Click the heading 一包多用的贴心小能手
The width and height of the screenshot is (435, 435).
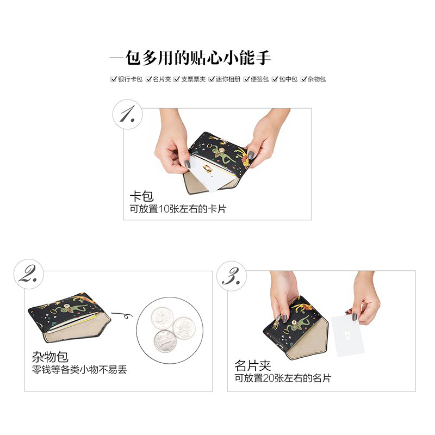(190, 58)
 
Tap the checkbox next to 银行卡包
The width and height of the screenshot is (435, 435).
(113, 79)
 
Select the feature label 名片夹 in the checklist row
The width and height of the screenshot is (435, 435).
(161, 79)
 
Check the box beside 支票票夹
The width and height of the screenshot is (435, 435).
(177, 79)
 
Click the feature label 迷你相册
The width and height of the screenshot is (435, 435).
(228, 79)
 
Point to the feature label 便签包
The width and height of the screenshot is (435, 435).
(260, 79)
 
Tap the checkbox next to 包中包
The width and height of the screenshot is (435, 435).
(275, 79)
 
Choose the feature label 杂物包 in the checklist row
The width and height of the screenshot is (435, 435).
(316, 79)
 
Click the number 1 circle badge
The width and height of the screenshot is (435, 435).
(128, 114)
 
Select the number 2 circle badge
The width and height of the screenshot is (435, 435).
(29, 274)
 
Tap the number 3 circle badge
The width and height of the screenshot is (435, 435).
(232, 276)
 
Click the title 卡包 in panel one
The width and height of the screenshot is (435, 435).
(141, 196)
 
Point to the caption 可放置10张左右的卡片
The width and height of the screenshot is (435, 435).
(178, 209)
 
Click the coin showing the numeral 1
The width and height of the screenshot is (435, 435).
(165, 341)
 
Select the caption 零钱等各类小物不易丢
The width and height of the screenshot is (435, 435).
(79, 370)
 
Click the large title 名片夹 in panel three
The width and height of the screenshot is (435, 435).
(252, 365)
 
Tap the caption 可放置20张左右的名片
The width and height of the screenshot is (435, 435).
(283, 378)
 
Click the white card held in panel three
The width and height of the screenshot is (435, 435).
(347, 335)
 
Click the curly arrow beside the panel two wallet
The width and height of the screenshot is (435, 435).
(122, 315)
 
